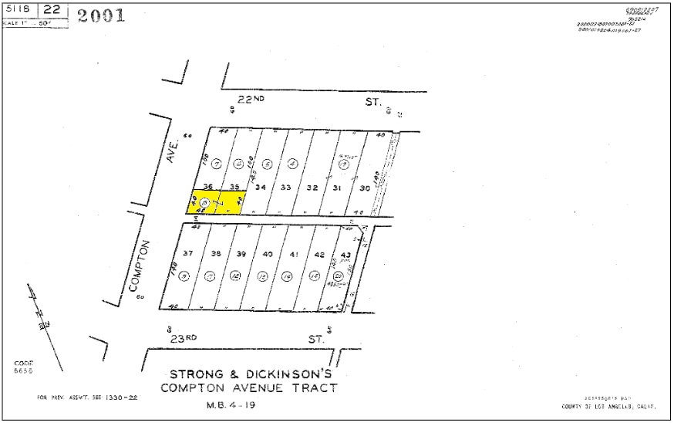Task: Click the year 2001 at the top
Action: [x=101, y=15]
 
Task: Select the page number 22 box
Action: [x=52, y=10]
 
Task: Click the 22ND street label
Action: [x=255, y=100]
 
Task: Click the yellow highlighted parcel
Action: [x=217, y=201]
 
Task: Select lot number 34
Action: [x=261, y=188]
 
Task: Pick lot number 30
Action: [x=365, y=188]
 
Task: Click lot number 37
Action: [x=187, y=253]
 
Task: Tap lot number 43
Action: [x=345, y=255]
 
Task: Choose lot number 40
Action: [x=268, y=254]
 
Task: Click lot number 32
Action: [x=312, y=188]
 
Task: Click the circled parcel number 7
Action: [x=217, y=163]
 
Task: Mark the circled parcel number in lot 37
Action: [x=184, y=276]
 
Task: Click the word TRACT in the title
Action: [x=313, y=387]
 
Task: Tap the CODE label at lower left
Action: [x=24, y=363]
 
